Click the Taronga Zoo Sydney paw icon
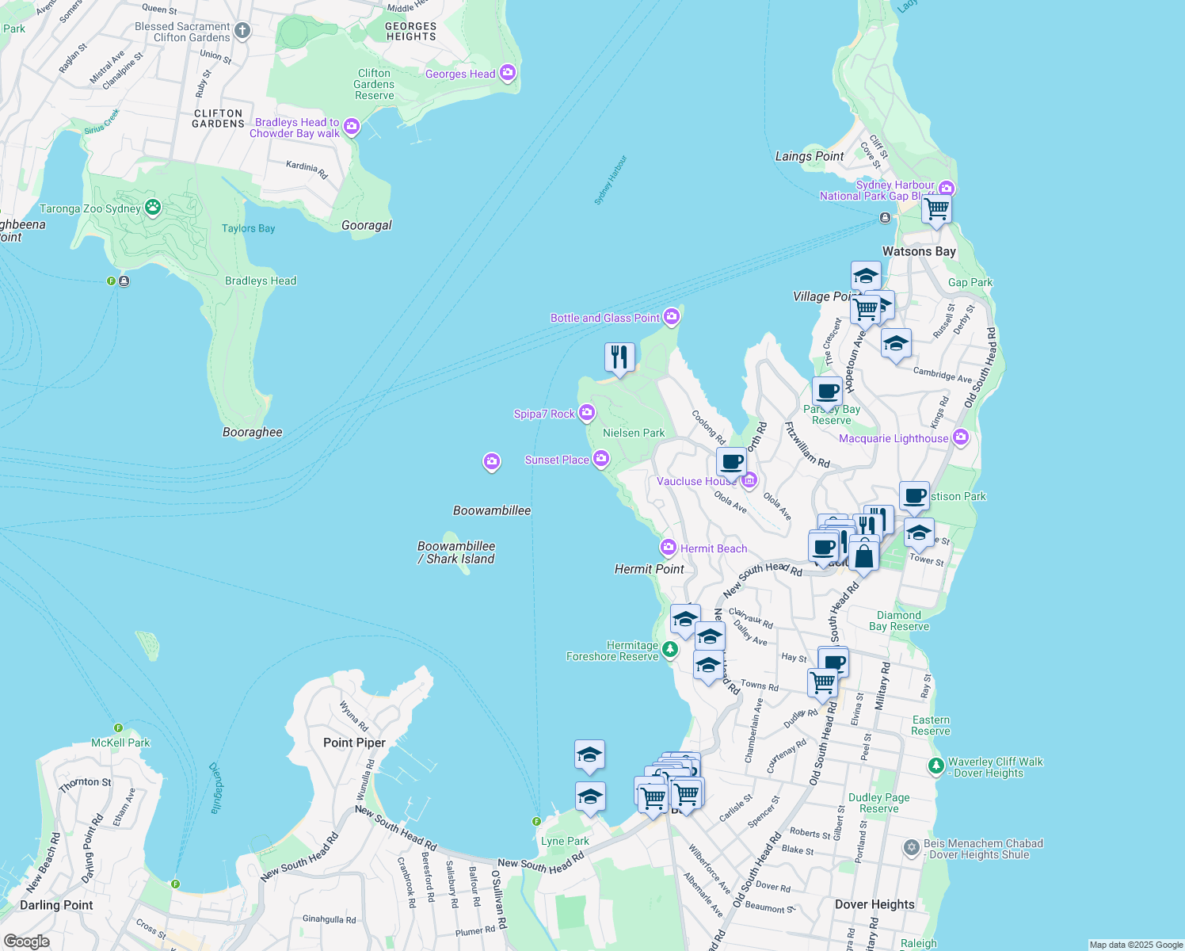click(x=153, y=208)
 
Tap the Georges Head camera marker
click(x=508, y=73)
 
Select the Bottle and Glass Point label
click(x=605, y=318)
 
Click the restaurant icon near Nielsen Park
click(x=619, y=357)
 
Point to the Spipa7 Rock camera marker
click(x=586, y=412)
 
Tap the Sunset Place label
click(x=557, y=460)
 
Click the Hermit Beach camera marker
click(x=668, y=548)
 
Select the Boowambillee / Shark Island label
click(x=456, y=552)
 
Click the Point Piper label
click(x=354, y=743)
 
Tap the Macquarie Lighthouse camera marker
click(x=961, y=437)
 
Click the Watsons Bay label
click(x=919, y=251)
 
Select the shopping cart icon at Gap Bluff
click(x=937, y=209)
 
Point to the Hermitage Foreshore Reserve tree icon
click(x=670, y=650)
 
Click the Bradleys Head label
click(x=261, y=281)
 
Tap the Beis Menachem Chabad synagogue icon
click(x=912, y=848)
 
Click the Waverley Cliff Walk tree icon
click(x=936, y=766)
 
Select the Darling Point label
click(x=56, y=905)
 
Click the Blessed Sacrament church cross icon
click(x=242, y=31)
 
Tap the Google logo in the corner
click(x=26, y=941)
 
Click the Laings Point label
click(x=810, y=156)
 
